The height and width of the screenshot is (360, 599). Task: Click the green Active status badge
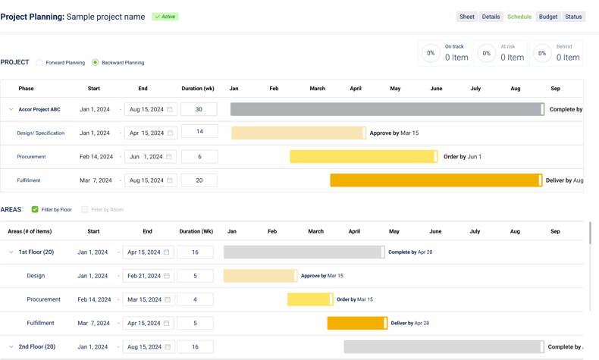[165, 17]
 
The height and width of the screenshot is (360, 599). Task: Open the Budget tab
[547, 17]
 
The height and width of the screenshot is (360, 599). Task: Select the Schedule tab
[519, 17]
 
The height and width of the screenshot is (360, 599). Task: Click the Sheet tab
[467, 17]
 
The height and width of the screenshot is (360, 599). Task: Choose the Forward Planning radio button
[40, 63]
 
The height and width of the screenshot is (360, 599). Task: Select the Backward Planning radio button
[95, 63]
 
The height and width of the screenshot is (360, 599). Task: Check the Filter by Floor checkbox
[35, 209]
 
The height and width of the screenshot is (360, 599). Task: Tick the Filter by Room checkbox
[85, 209]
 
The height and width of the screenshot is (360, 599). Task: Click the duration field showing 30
[199, 109]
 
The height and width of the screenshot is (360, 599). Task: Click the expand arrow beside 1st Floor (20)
[11, 252]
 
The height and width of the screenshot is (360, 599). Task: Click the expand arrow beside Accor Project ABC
[11, 109]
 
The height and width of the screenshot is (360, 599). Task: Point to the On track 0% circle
[431, 53]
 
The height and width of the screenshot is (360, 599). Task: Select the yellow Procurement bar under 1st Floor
[309, 299]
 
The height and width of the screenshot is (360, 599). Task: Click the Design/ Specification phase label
[41, 133]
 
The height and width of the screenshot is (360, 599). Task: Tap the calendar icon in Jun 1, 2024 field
[169, 157]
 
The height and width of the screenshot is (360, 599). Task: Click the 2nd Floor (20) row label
[37, 347]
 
